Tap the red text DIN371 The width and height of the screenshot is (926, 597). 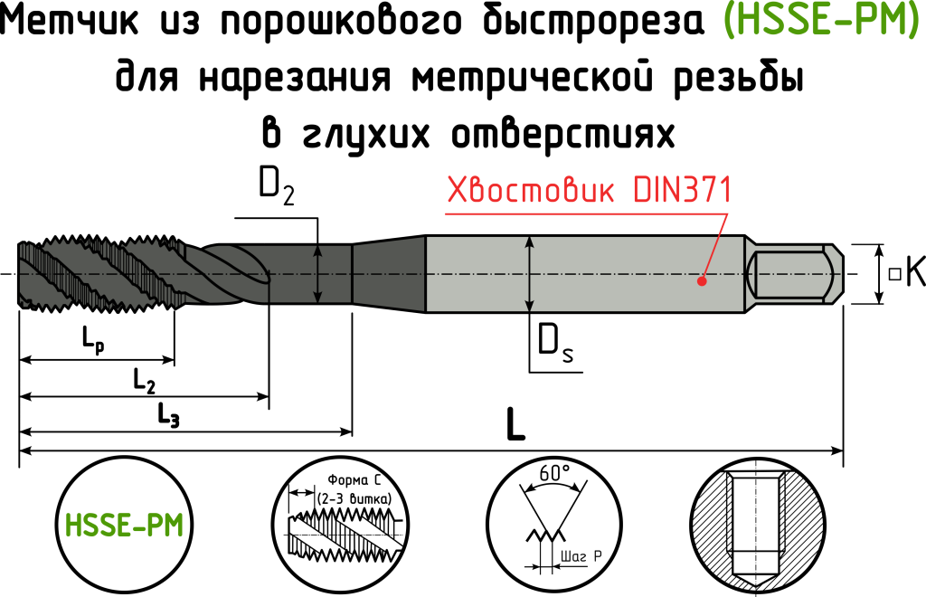[x=681, y=191]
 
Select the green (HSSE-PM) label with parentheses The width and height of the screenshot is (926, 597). [x=821, y=20]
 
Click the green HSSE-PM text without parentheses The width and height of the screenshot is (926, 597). [x=124, y=526]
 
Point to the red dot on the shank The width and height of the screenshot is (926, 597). [x=701, y=281]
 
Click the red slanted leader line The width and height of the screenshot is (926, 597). [x=716, y=245]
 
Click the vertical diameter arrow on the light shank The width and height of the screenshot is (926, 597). [x=530, y=274]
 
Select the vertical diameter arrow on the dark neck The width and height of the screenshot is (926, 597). [x=317, y=274]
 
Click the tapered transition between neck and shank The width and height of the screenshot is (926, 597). [x=389, y=273]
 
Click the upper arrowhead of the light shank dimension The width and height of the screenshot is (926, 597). [x=530, y=242]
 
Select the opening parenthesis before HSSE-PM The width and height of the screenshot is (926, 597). [x=729, y=20]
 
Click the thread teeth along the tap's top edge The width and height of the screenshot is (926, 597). [x=99, y=244]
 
